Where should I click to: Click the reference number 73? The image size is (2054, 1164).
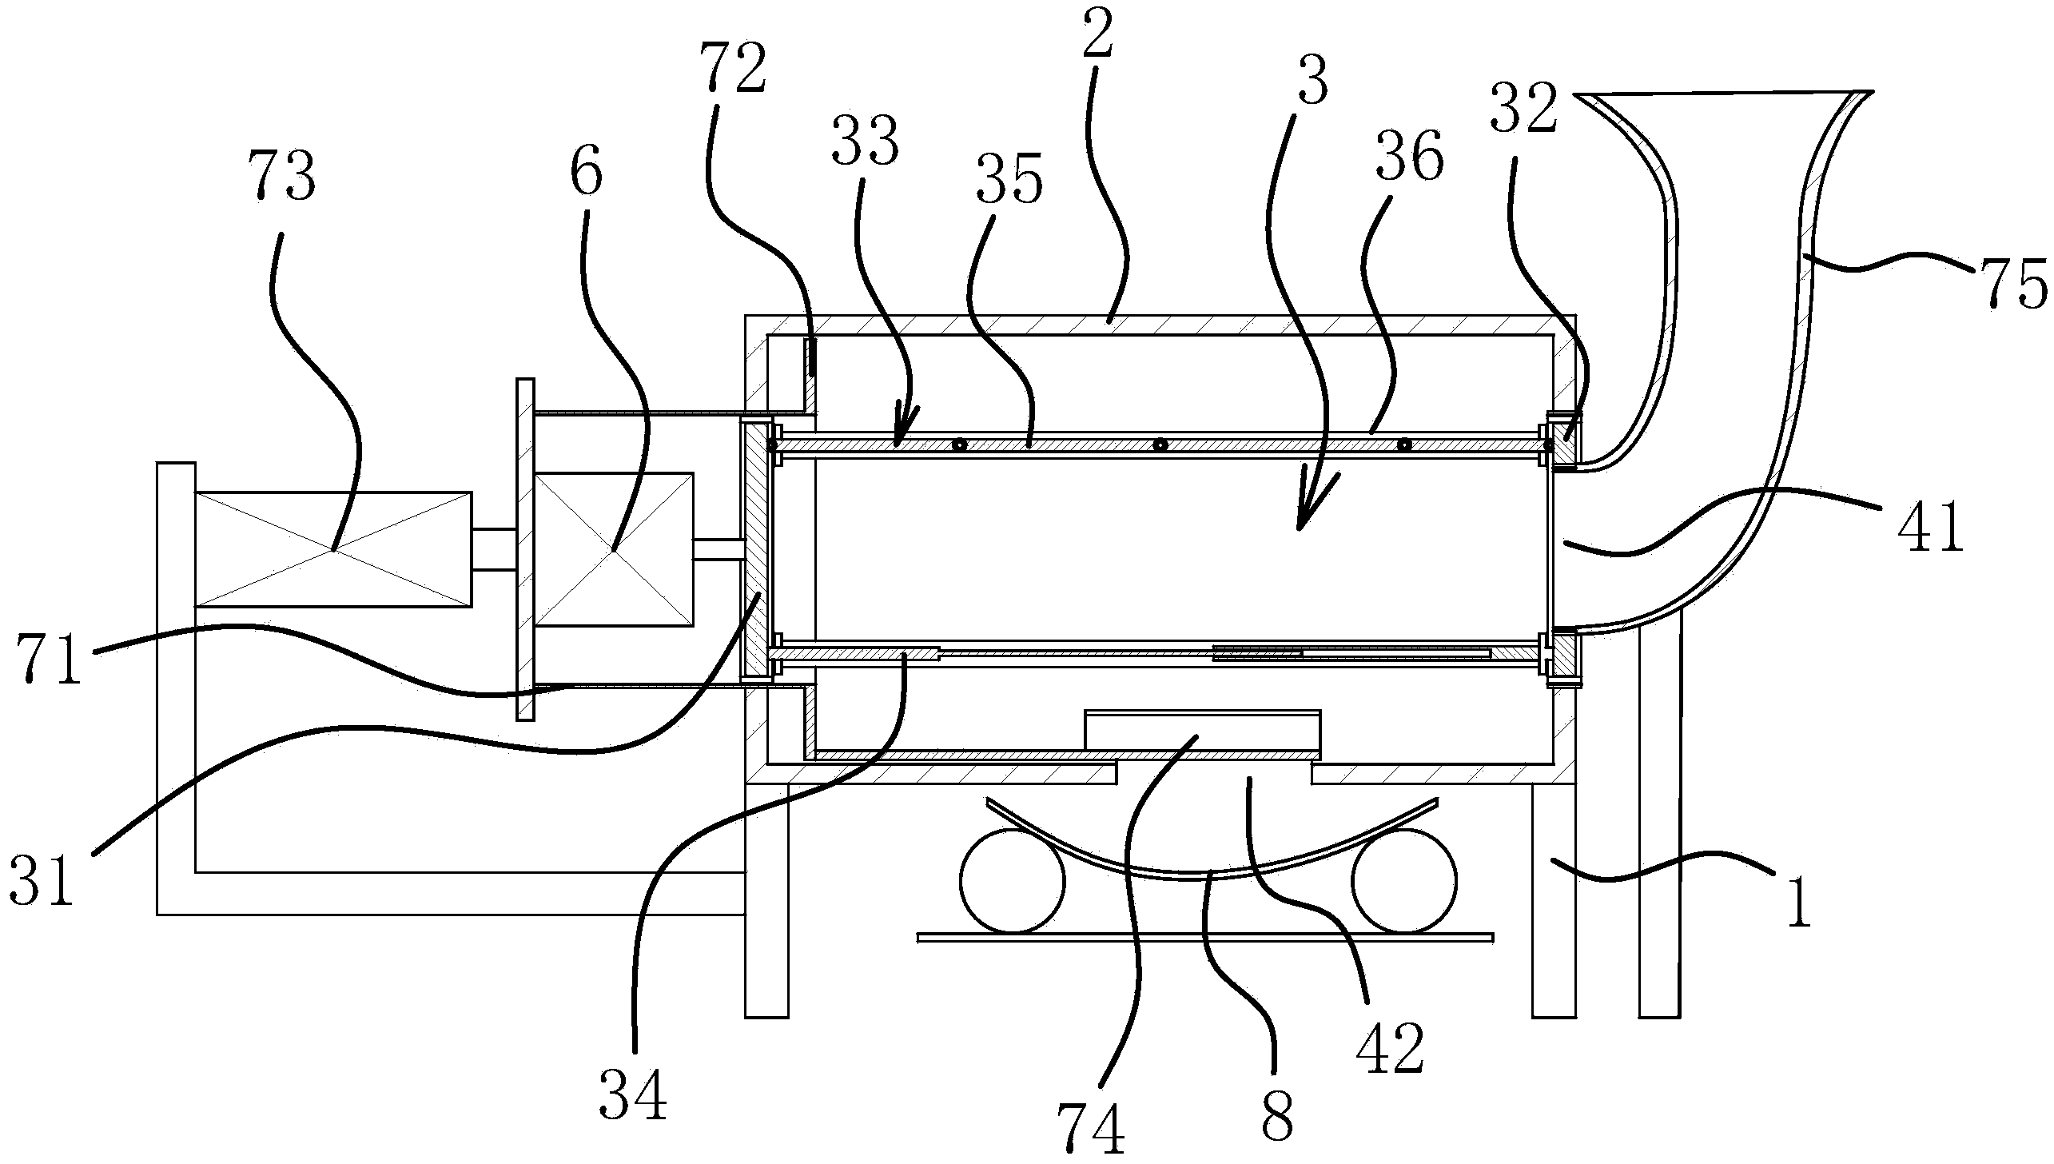[282, 177]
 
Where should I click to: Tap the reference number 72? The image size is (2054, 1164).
[732, 70]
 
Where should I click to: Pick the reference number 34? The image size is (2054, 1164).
[632, 1094]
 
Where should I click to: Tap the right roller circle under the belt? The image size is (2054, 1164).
[1404, 880]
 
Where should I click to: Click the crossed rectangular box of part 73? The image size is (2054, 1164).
[333, 549]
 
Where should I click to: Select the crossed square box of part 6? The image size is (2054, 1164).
[613, 549]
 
